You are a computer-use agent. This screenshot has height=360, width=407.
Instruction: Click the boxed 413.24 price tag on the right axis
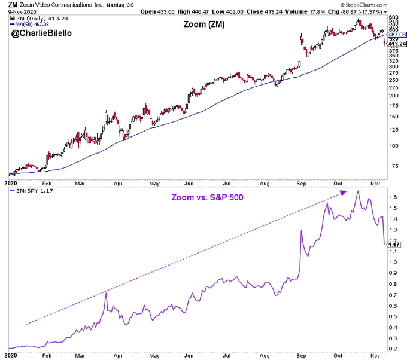[394, 44]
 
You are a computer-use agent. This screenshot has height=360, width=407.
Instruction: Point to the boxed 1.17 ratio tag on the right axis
[394, 244]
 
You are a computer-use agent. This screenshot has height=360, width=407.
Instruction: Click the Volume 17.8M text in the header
[303, 12]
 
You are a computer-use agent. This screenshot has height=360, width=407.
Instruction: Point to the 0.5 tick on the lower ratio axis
[393, 316]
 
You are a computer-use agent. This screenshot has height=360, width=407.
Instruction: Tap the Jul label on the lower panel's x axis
[227, 353]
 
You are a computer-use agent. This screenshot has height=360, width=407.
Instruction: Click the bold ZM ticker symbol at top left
[12, 5]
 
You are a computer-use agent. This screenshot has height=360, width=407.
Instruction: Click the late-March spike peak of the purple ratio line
[106, 292]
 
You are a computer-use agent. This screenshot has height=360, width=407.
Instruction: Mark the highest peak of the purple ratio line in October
[358, 191]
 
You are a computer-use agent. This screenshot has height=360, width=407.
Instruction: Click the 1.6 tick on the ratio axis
[393, 197]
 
